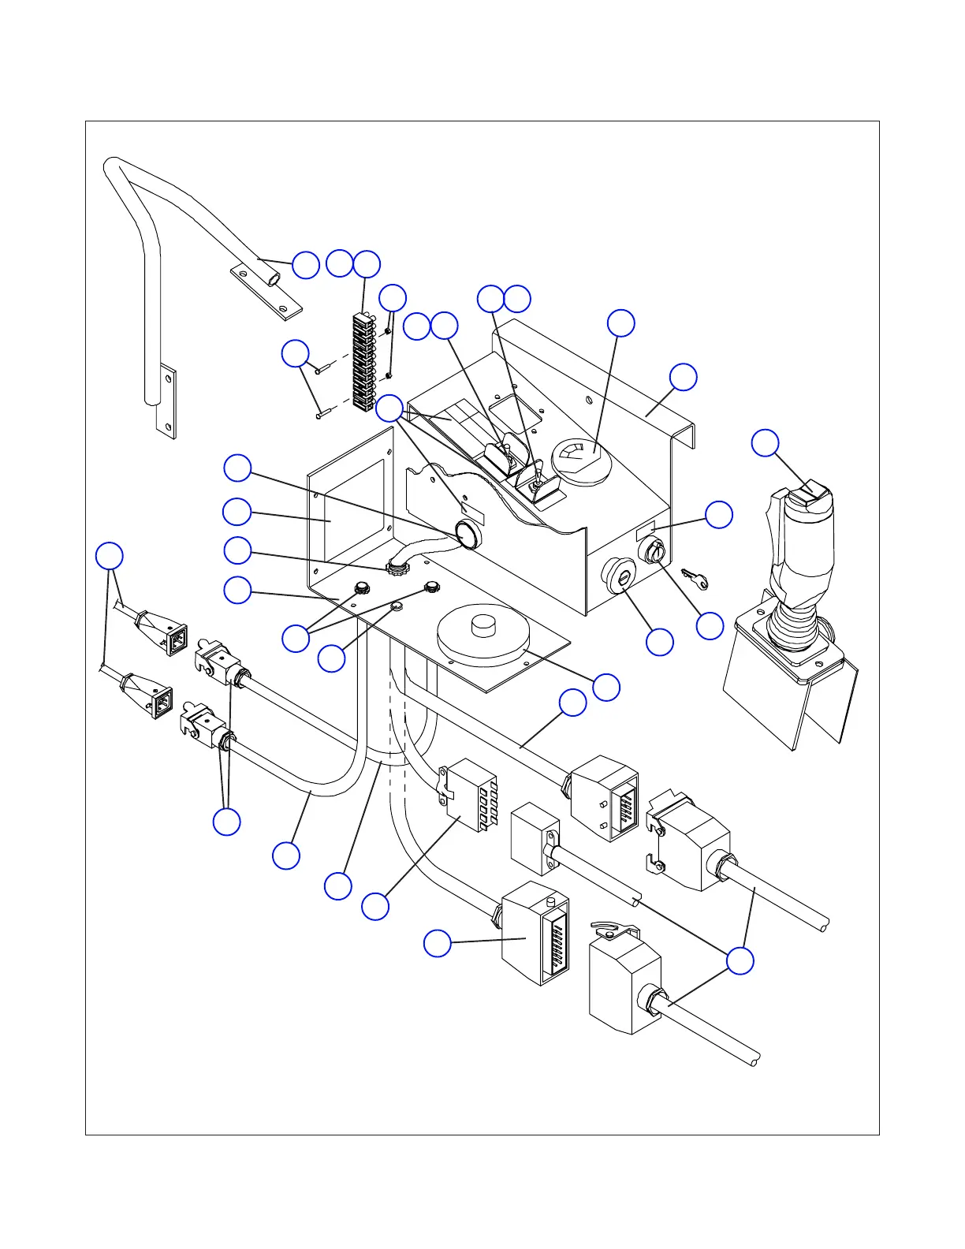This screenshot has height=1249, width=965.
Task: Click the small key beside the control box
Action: click(x=695, y=580)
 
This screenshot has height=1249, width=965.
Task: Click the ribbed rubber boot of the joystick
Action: click(x=796, y=623)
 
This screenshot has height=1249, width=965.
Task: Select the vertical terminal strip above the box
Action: click(x=363, y=363)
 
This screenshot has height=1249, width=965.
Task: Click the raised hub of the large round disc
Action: click(x=482, y=628)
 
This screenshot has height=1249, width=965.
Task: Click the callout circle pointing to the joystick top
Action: click(x=765, y=443)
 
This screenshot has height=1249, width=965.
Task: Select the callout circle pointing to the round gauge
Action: click(x=621, y=323)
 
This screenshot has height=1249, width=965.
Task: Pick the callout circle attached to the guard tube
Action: click(x=306, y=265)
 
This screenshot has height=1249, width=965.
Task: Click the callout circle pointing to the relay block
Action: click(x=375, y=906)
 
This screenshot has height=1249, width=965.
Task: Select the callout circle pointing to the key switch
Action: click(x=710, y=626)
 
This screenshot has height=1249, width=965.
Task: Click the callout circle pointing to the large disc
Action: click(x=606, y=687)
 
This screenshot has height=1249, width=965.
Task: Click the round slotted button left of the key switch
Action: click(x=618, y=572)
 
